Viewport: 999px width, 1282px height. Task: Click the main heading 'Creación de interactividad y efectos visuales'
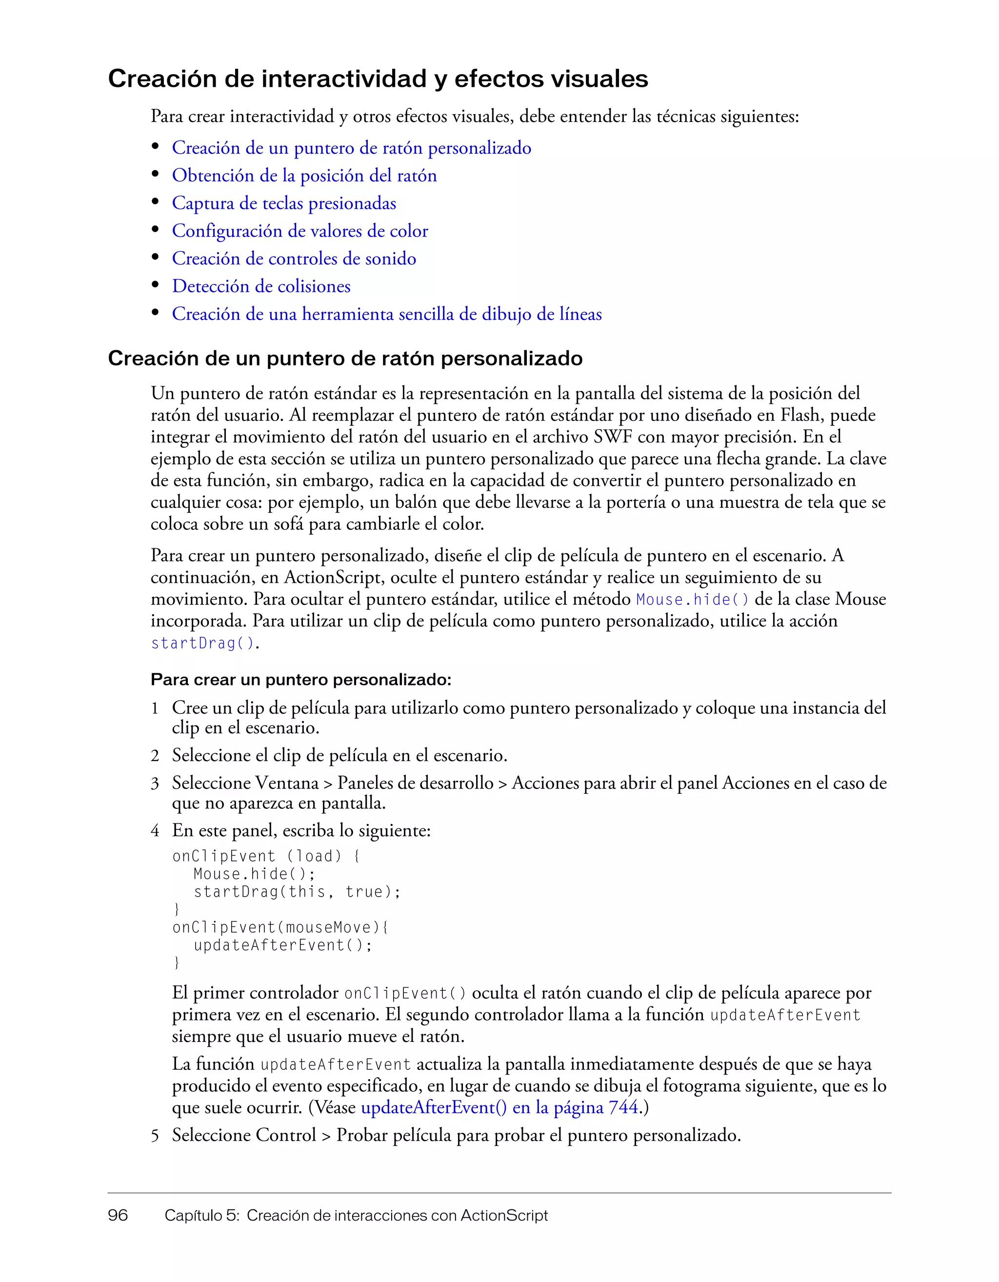click(x=378, y=79)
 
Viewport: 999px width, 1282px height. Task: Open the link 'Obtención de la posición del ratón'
click(x=304, y=176)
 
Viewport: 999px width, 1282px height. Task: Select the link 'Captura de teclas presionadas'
click(x=283, y=203)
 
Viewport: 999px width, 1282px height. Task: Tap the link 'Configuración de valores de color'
click(x=300, y=231)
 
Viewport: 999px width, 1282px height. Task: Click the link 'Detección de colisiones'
click(x=260, y=286)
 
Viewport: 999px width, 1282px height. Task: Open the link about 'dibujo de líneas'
click(x=386, y=314)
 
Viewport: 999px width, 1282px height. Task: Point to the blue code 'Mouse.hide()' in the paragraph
click(x=693, y=600)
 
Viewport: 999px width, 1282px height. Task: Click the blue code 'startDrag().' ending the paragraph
click(x=204, y=643)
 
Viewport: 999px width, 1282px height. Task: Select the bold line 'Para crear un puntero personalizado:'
click(x=300, y=680)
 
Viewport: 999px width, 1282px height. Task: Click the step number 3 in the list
click(x=155, y=783)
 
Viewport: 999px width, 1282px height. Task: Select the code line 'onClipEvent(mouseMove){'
click(x=280, y=927)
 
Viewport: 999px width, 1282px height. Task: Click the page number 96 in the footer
click(x=118, y=1215)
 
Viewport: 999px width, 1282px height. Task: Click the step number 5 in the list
click(x=155, y=1135)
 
